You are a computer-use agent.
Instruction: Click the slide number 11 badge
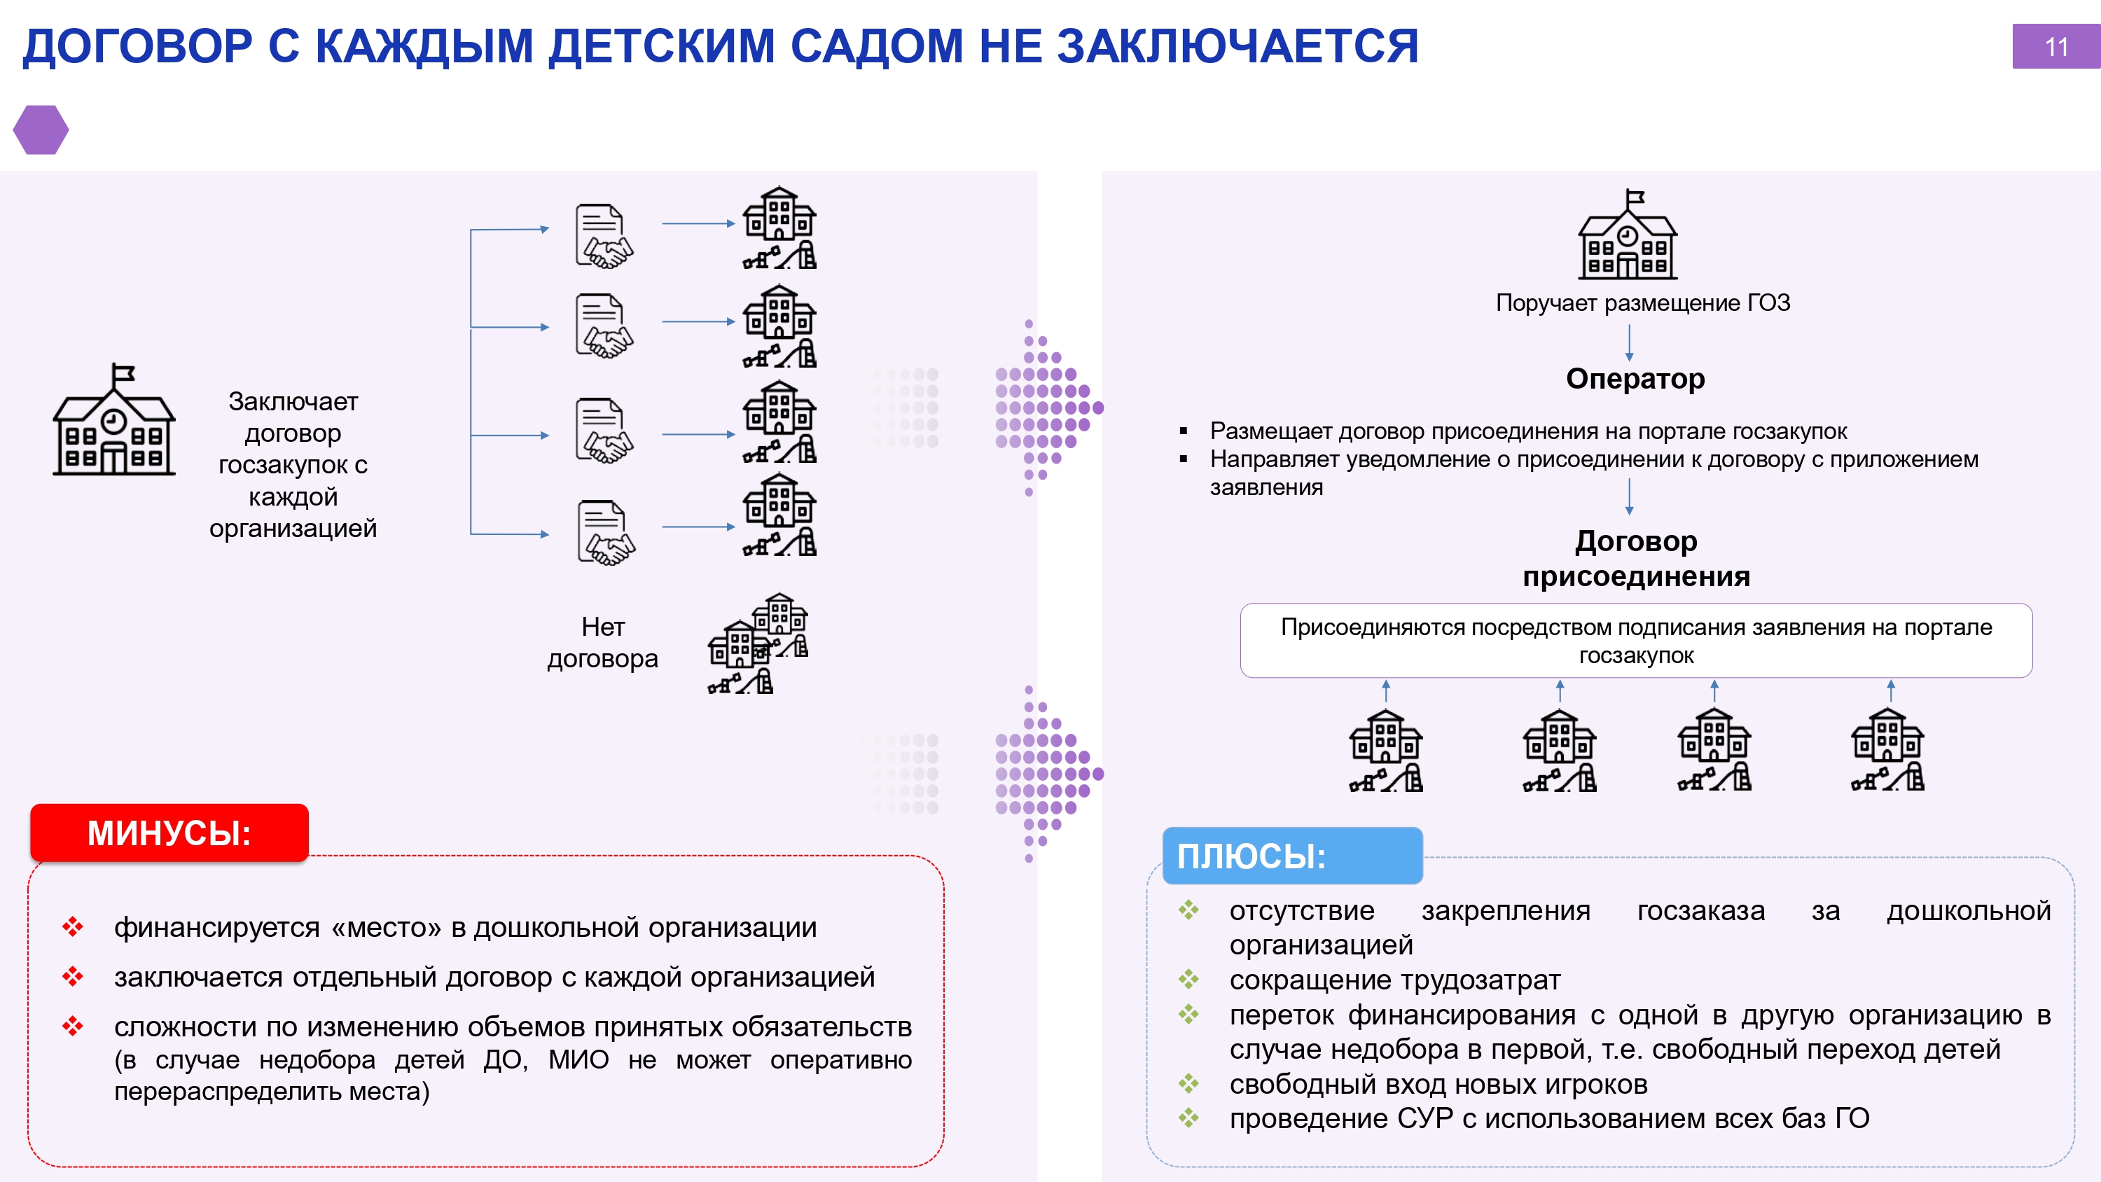pyautogui.click(x=2056, y=46)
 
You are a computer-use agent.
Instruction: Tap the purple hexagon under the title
pyautogui.click(x=41, y=130)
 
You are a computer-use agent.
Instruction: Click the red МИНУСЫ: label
pyautogui.click(x=169, y=833)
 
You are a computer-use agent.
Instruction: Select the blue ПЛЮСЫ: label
pyautogui.click(x=1292, y=856)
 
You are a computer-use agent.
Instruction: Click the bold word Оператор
pyautogui.click(x=1635, y=379)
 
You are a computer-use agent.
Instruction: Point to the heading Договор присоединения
pyautogui.click(x=1636, y=558)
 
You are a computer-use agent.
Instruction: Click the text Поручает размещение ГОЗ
pyautogui.click(x=1642, y=303)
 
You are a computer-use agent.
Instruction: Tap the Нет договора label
pyautogui.click(x=603, y=642)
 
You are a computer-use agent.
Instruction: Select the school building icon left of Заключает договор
pyautogui.click(x=114, y=419)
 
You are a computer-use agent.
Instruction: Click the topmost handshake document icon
pyautogui.click(x=604, y=237)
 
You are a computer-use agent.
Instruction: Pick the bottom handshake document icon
pyautogui.click(x=606, y=533)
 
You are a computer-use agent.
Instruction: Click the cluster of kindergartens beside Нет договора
pyautogui.click(x=758, y=643)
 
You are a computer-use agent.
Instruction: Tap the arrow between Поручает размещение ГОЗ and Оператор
pyautogui.click(x=1629, y=342)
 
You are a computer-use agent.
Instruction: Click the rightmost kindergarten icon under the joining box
pyautogui.click(x=1888, y=749)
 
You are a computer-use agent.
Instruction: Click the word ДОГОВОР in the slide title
pyautogui.click(x=138, y=46)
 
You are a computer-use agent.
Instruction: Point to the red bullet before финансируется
pyautogui.click(x=73, y=926)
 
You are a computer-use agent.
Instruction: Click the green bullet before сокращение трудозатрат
pyautogui.click(x=1188, y=979)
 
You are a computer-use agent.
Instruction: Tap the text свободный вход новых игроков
pyautogui.click(x=1438, y=1084)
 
